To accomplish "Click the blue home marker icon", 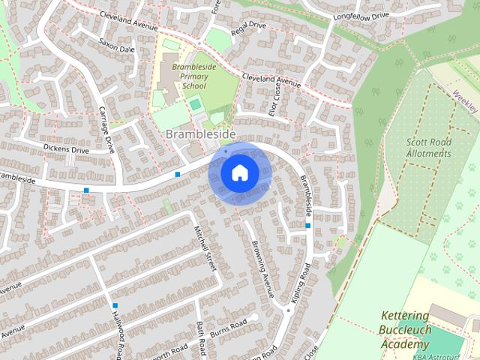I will coord(238,173).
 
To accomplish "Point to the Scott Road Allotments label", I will coord(429,147).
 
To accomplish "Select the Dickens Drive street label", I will coord(67,150).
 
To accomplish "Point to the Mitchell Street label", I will coord(205,248).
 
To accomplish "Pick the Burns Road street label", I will coord(229,327).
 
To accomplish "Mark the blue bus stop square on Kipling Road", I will coord(307,224).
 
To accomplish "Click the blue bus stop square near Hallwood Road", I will coord(115,305).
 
